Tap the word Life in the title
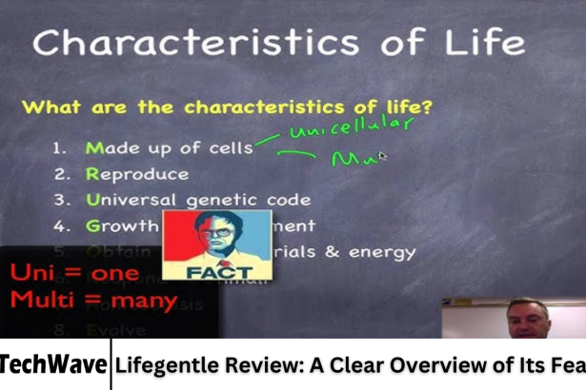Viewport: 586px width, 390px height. pyautogui.click(x=481, y=42)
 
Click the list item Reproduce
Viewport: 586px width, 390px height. pyautogui.click(x=137, y=174)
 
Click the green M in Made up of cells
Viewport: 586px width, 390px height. pyautogui.click(x=93, y=148)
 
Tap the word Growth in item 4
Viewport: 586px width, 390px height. pyautogui.click(x=121, y=226)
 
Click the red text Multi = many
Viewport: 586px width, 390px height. pyautogui.click(x=92, y=301)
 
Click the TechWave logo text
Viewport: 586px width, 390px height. pyautogui.click(x=54, y=363)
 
